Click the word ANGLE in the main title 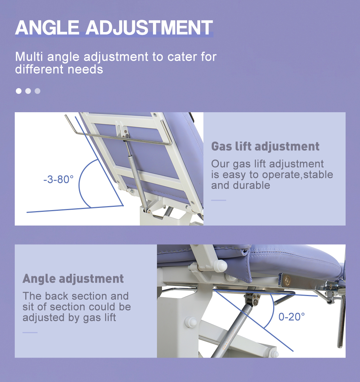[47, 27]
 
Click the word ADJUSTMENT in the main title [149, 27]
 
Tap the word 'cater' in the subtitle [182, 57]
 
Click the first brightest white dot [18, 91]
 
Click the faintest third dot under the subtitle [37, 91]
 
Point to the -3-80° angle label [58, 179]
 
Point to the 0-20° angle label [292, 317]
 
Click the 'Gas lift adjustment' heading [265, 146]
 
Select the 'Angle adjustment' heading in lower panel [73, 279]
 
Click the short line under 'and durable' [219, 200]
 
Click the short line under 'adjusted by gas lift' [30, 333]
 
